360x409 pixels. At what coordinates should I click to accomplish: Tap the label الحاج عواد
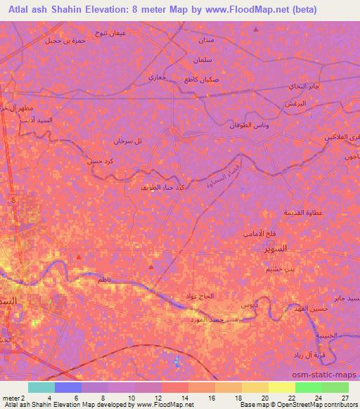pos(205,297)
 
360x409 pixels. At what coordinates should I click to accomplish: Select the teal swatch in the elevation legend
pos(41,387)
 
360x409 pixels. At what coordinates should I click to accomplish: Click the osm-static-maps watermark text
pos(330,375)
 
